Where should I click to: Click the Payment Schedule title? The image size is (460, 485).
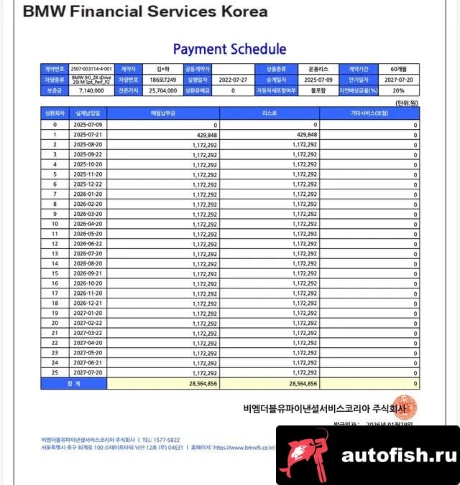click(x=229, y=49)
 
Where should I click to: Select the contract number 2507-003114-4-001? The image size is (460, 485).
click(x=91, y=69)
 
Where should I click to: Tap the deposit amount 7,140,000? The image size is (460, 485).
click(x=91, y=91)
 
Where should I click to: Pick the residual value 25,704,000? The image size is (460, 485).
click(x=162, y=91)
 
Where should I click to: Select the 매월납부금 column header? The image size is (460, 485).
click(x=163, y=113)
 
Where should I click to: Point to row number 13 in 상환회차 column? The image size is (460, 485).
click(x=55, y=253)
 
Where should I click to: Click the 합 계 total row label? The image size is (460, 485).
click(x=73, y=384)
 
